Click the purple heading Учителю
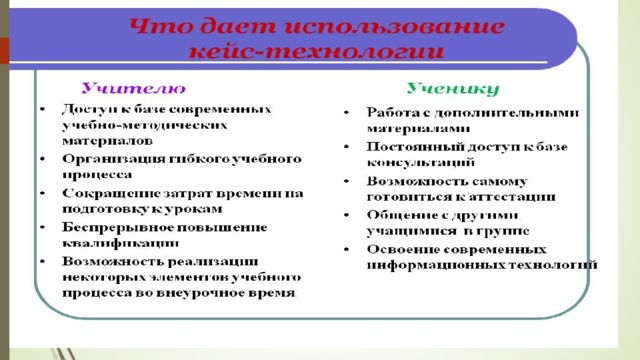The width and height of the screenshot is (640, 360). click(x=133, y=88)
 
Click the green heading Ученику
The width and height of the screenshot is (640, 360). click(x=453, y=89)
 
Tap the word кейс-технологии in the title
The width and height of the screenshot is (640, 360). click(x=316, y=52)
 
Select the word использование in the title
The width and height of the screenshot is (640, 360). click(x=393, y=27)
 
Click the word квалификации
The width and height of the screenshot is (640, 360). click(x=120, y=243)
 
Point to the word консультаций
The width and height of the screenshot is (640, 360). click(x=421, y=162)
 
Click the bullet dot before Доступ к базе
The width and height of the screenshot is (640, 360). click(x=42, y=109)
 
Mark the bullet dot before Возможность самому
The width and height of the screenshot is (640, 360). click(x=347, y=181)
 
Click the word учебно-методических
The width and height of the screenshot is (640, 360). click(x=144, y=125)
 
